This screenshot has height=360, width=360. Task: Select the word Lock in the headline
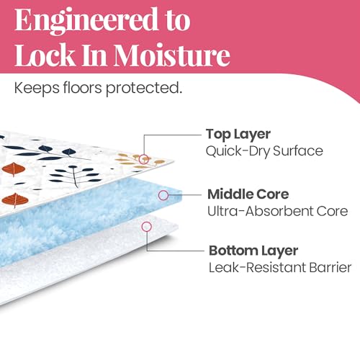(x=45, y=55)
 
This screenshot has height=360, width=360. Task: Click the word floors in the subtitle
(x=83, y=88)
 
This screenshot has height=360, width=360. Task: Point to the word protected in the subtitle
(x=144, y=89)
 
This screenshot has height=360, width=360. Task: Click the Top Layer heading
(x=238, y=135)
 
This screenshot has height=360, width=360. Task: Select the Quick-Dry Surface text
(x=264, y=151)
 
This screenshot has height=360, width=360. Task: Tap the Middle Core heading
(x=248, y=194)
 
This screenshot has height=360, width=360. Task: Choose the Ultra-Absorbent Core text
(x=278, y=211)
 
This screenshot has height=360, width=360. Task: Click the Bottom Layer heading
(x=253, y=251)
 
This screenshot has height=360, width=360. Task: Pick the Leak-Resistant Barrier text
(x=280, y=267)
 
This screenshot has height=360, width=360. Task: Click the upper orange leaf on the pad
(x=14, y=169)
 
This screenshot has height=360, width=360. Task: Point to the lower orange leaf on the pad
(x=15, y=200)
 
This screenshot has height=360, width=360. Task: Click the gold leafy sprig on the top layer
(x=140, y=161)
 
